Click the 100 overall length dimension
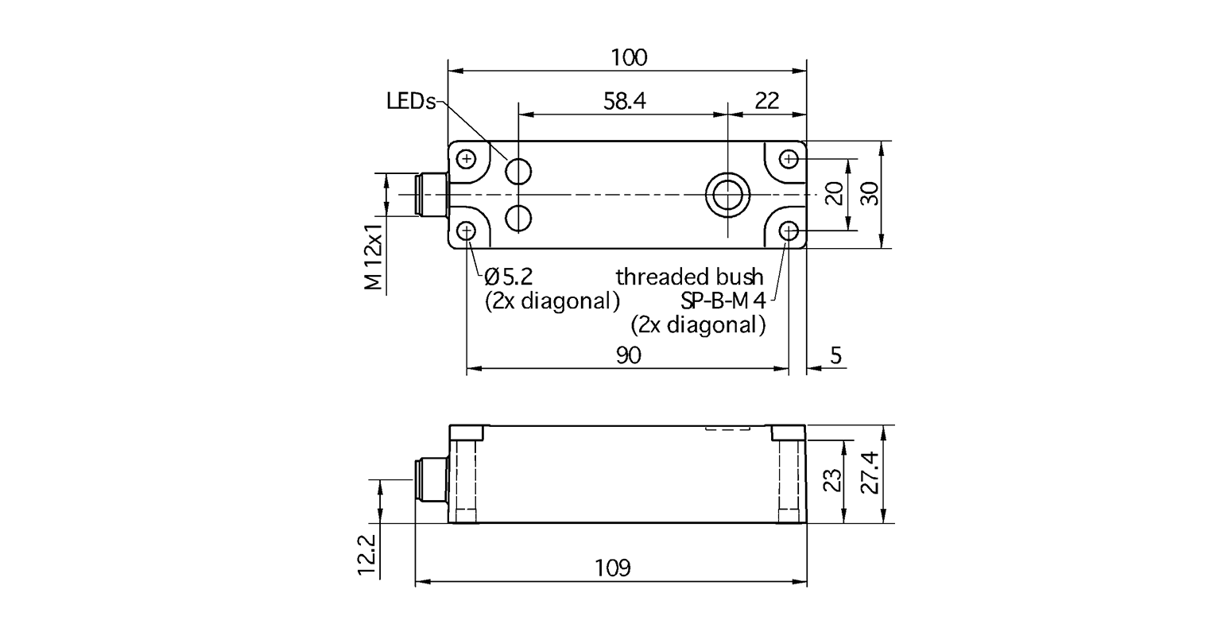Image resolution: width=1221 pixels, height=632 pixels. coord(628,57)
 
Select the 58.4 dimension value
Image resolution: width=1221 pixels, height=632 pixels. coord(625,101)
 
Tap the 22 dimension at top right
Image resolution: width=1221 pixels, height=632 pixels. coord(766,101)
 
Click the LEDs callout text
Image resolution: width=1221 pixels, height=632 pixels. coord(411,102)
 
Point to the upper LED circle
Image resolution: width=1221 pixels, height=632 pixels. coord(519,170)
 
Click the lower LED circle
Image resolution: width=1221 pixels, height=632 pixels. coord(519,217)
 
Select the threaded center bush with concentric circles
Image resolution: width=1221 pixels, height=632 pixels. coord(727,194)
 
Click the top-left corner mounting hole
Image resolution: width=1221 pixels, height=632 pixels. coord(467,159)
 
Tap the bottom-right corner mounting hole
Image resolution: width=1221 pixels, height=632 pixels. coord(789,231)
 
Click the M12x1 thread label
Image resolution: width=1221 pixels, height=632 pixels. coord(374,256)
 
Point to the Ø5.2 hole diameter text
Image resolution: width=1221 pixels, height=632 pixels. coord(509,277)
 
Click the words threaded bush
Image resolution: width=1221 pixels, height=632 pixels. coord(689,277)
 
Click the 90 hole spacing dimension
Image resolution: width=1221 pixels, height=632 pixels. coord(628,355)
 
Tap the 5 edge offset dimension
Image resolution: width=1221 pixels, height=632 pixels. coord(835,355)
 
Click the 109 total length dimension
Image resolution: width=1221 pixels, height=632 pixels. coord(612,568)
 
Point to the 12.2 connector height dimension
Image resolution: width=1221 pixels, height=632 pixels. coord(366,553)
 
